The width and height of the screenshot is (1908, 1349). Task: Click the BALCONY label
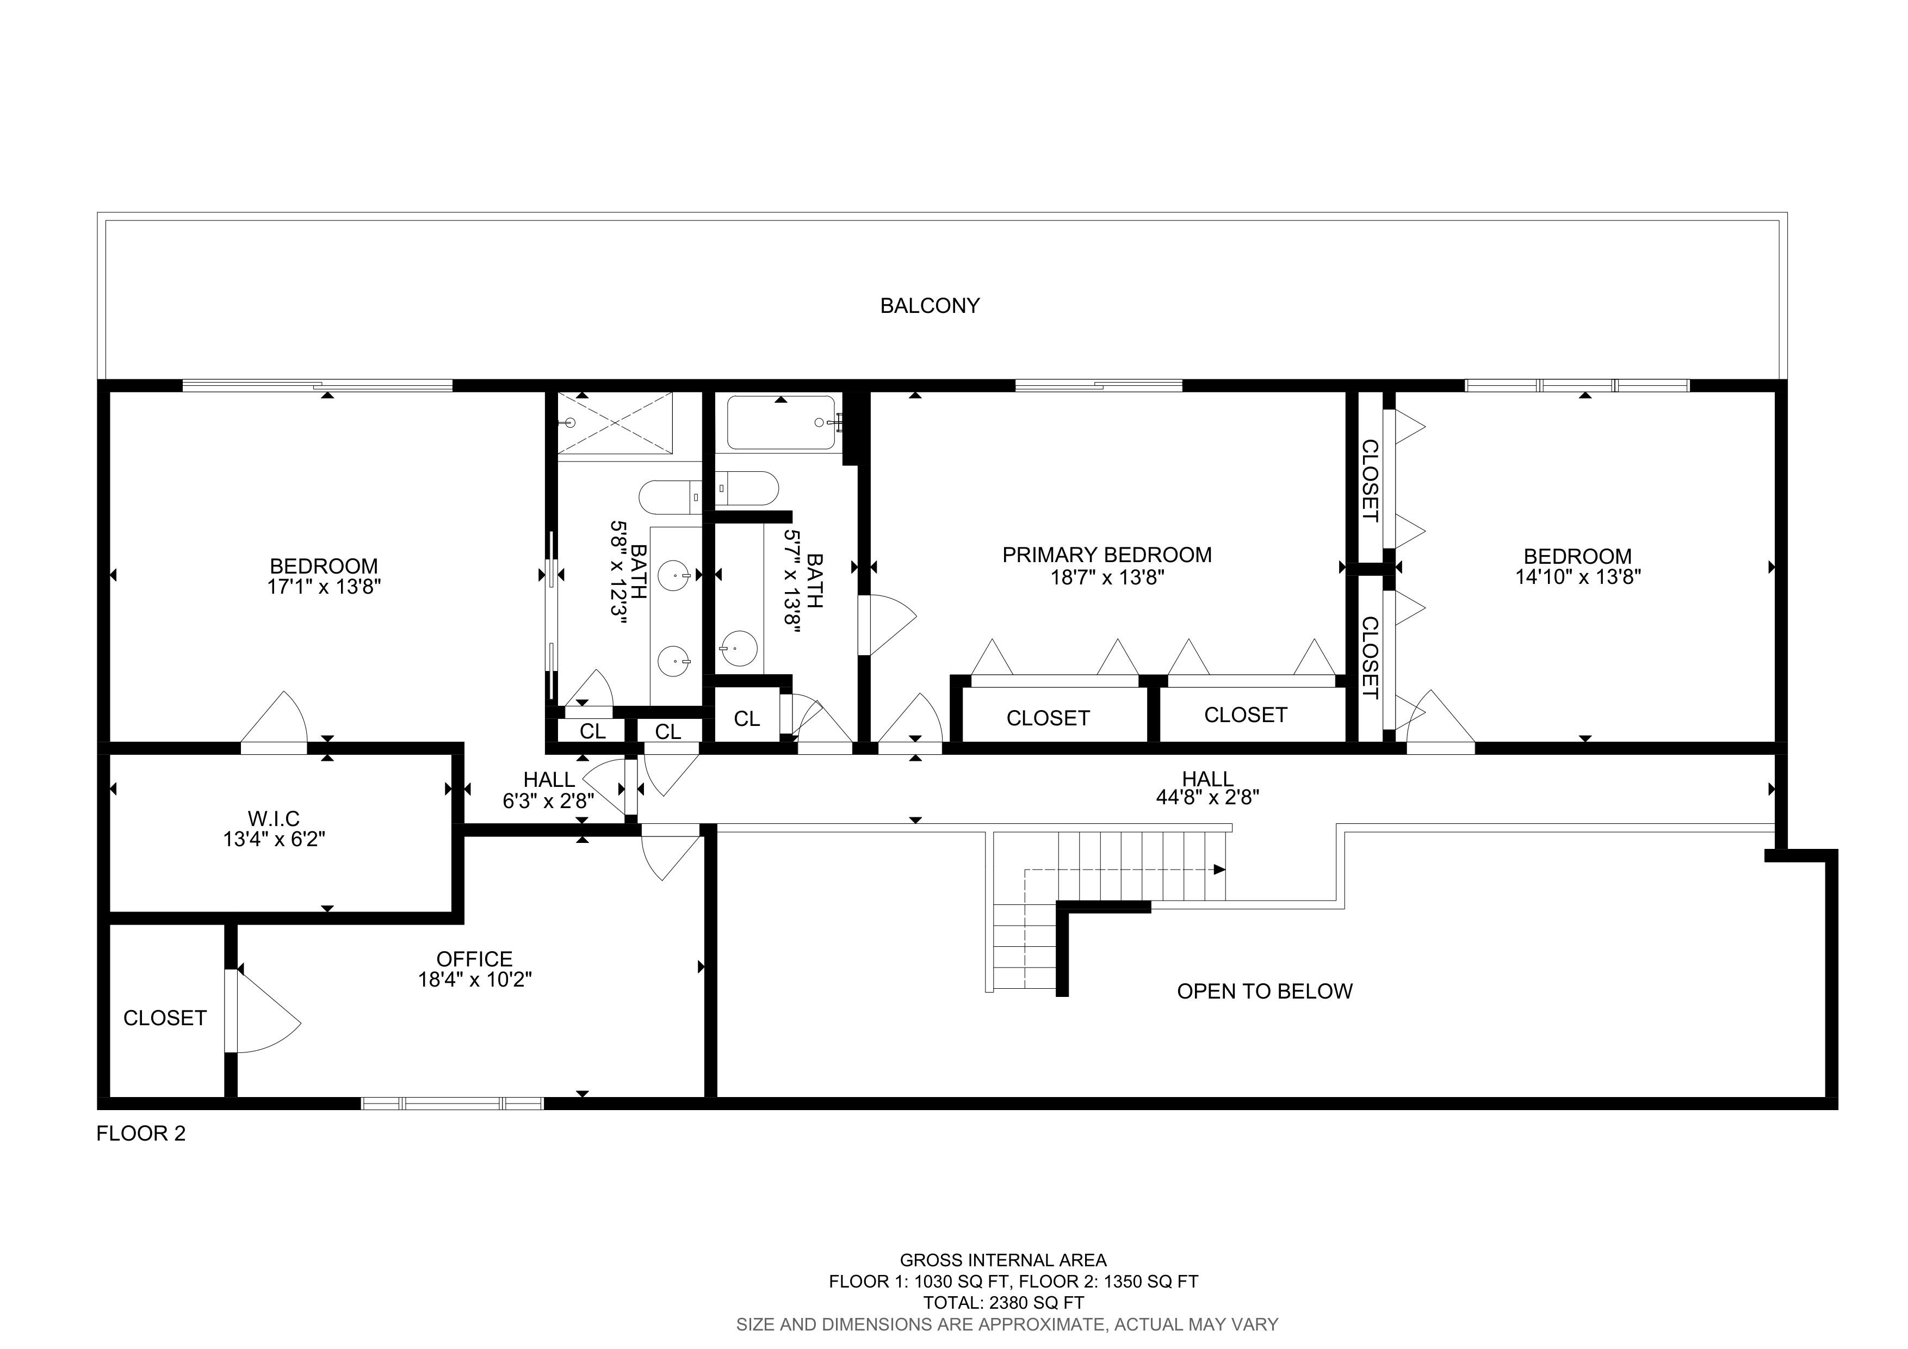pos(930,306)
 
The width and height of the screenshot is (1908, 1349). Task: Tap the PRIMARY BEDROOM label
pos(1107,555)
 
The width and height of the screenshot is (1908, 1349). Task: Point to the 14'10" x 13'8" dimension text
pos(1577,577)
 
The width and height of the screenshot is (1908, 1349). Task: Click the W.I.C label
pos(274,819)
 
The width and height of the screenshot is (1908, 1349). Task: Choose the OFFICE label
pos(474,959)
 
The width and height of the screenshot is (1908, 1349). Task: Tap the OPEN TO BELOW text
pos(1265,991)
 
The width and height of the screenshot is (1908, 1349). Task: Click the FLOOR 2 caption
pos(141,1134)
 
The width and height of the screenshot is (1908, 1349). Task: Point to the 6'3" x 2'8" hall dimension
pos(548,801)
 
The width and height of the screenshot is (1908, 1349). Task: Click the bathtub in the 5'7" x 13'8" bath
pos(781,423)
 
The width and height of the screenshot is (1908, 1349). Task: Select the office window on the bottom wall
pos(452,1104)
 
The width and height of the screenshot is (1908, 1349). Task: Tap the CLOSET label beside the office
pos(165,1018)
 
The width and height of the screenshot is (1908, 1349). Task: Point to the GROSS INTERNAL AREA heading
pos(1004,1261)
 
